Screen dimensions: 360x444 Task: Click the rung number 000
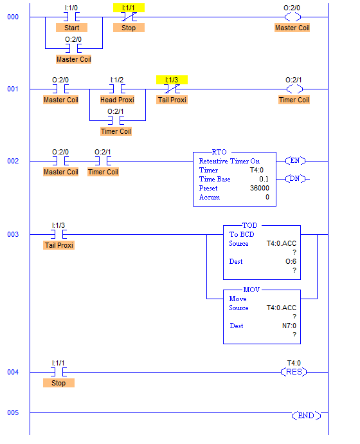point(13,17)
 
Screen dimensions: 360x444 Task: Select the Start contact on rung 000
point(71,17)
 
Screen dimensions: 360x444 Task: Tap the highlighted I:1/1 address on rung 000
point(129,8)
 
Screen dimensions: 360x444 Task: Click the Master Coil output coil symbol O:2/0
point(292,17)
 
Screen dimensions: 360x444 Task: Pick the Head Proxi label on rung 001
point(118,100)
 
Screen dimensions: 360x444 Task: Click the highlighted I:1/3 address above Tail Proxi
point(172,80)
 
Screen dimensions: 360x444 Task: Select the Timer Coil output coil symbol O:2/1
point(294,89)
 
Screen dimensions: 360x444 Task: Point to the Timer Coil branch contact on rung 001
point(116,120)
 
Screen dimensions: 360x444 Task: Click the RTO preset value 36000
point(260,188)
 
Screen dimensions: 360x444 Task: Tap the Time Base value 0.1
point(264,179)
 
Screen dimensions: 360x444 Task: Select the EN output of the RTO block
point(295,161)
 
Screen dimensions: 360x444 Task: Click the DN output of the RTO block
point(295,179)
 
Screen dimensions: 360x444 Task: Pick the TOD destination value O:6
point(291,261)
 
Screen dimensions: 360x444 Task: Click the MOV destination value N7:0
point(289,326)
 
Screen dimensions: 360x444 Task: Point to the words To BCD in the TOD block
point(242,234)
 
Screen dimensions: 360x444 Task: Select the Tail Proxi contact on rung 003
point(59,234)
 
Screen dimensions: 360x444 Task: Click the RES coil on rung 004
point(294,372)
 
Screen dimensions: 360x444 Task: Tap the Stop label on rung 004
point(59,383)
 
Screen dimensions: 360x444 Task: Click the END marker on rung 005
point(306,416)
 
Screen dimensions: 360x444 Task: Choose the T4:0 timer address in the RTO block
point(256,170)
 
